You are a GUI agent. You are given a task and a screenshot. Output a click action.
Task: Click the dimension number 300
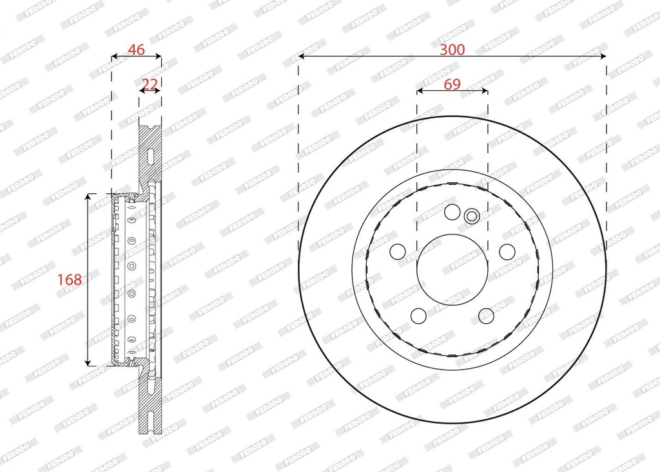tap(452, 50)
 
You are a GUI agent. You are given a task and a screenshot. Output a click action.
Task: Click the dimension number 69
tap(452, 84)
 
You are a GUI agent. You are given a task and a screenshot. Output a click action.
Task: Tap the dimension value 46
tap(137, 50)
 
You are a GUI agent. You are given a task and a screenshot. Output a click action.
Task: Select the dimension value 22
tap(150, 84)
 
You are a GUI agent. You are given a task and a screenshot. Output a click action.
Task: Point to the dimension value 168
tap(70, 279)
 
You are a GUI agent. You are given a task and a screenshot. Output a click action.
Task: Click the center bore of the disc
tap(452, 270)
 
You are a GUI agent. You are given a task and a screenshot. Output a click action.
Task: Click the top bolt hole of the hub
tap(452, 212)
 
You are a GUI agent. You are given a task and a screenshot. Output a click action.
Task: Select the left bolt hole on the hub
tap(398, 252)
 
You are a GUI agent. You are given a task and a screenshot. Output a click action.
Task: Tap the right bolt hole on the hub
tap(507, 252)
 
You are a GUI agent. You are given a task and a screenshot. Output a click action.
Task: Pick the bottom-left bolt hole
tap(418, 316)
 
